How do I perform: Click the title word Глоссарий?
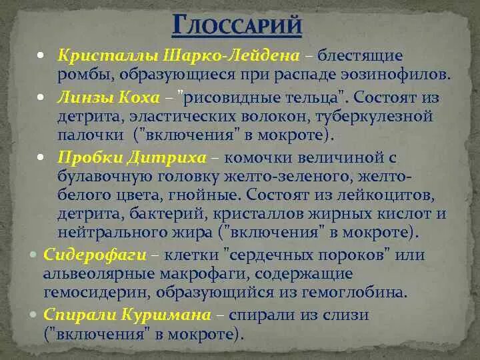point(237,27)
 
